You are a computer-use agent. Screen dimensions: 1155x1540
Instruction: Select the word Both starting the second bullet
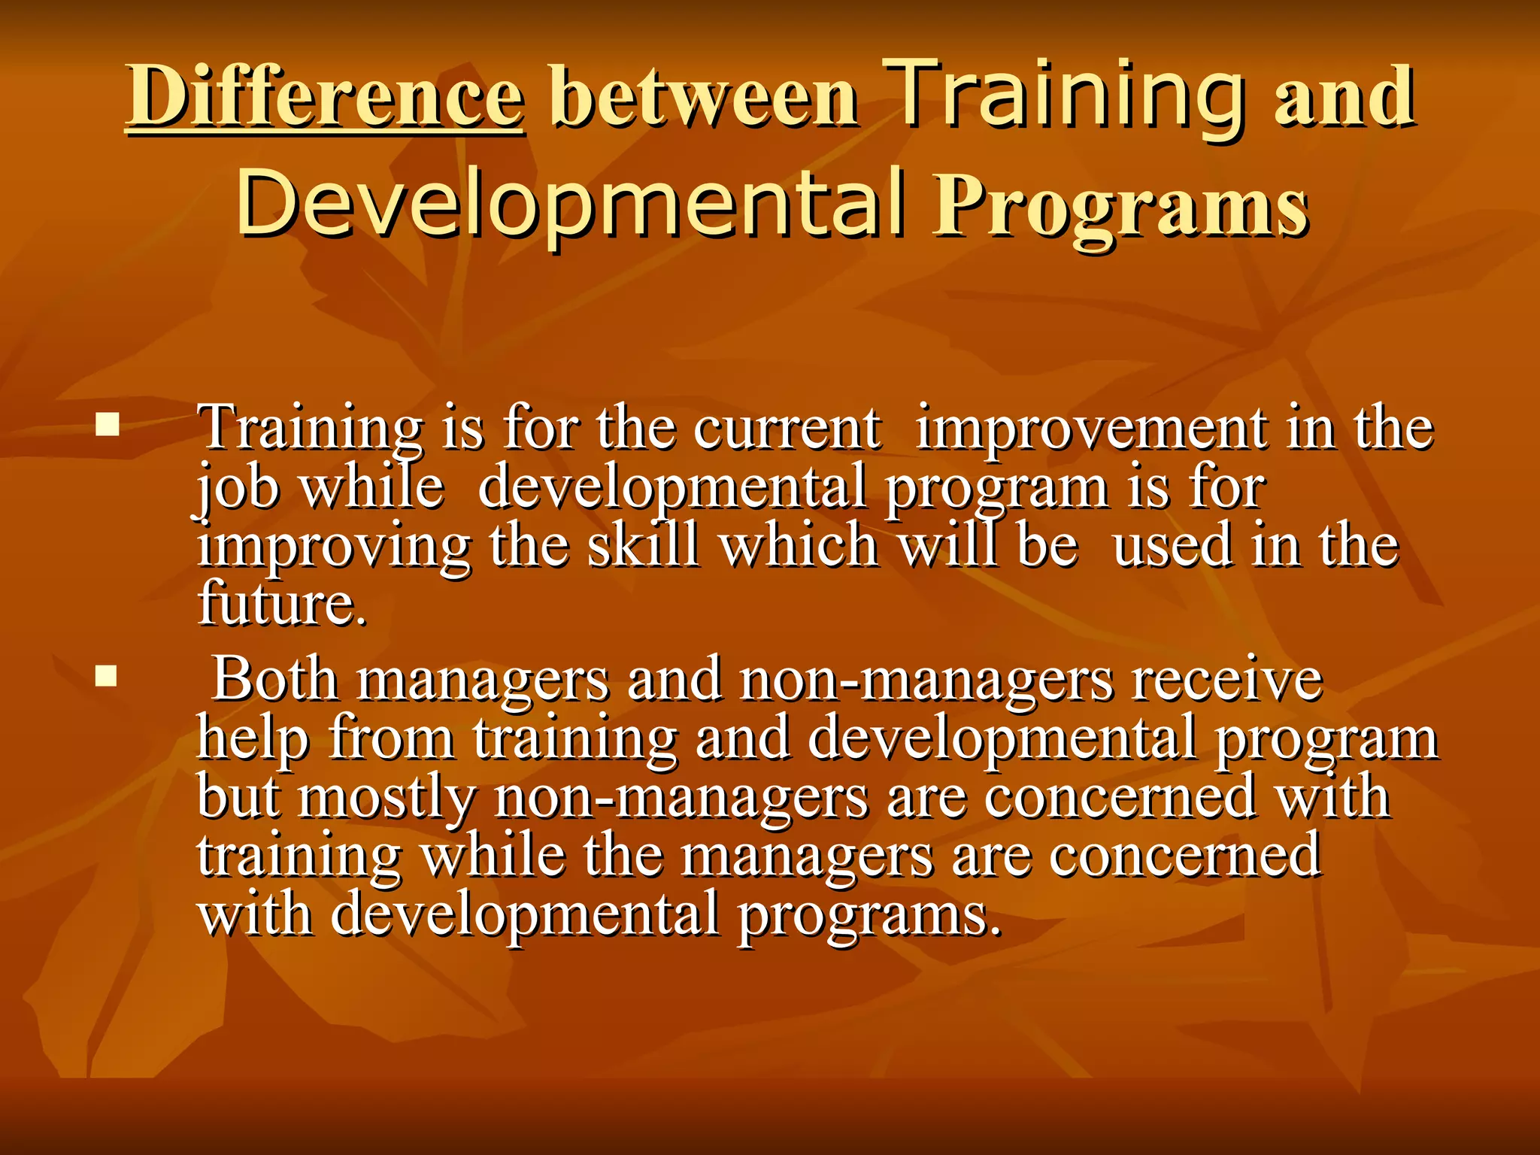(x=274, y=678)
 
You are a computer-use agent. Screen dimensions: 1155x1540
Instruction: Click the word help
(x=253, y=738)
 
